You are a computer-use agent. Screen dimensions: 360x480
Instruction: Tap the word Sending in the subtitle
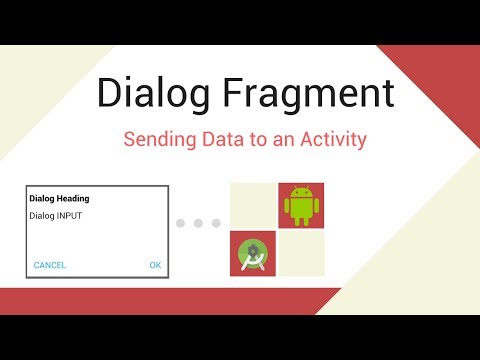pyautogui.click(x=157, y=140)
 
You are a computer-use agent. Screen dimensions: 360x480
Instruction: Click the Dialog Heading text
pyautogui.click(x=61, y=198)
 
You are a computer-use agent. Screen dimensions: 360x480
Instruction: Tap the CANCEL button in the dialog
pyautogui.click(x=50, y=265)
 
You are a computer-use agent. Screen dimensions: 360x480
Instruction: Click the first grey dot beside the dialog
pyautogui.click(x=181, y=223)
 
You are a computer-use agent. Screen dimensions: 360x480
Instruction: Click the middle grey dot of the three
pyautogui.click(x=198, y=223)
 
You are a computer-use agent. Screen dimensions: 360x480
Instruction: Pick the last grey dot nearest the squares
pyautogui.click(x=215, y=223)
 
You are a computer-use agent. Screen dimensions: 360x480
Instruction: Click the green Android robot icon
pyautogui.click(x=300, y=206)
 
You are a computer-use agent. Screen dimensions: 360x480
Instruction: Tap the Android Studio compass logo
pyautogui.click(x=254, y=254)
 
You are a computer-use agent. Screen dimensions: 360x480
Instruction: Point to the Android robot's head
pyautogui.click(x=300, y=193)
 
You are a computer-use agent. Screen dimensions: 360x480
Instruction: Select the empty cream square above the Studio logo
pyautogui.click(x=254, y=206)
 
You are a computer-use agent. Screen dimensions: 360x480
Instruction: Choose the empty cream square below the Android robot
pyautogui.click(x=300, y=254)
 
